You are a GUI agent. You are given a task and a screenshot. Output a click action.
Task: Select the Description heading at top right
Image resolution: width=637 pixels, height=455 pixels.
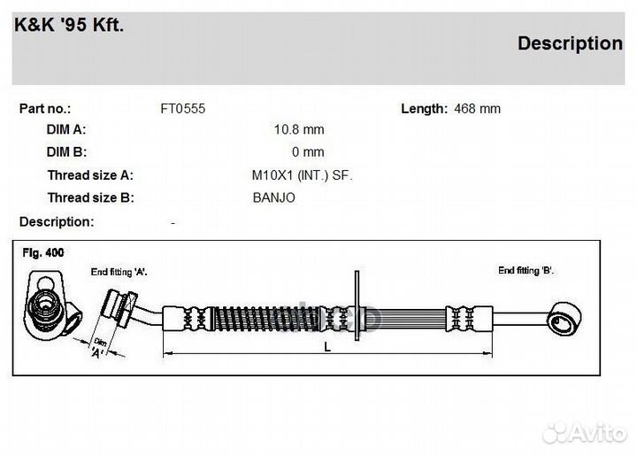[x=570, y=42]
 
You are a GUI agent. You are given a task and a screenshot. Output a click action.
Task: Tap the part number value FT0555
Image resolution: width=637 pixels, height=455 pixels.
[x=182, y=109]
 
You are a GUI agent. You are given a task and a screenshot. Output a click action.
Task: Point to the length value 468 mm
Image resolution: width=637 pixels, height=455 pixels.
[x=477, y=109]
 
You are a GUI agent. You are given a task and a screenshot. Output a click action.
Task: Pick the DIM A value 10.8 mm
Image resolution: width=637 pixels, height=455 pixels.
[x=299, y=129]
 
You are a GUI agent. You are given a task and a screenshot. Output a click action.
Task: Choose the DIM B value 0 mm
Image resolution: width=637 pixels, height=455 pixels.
[x=308, y=152]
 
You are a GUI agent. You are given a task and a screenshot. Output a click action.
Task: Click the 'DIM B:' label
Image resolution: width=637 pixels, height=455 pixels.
[x=66, y=152]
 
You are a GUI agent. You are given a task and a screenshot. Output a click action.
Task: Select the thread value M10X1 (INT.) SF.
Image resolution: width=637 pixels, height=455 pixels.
[x=302, y=175]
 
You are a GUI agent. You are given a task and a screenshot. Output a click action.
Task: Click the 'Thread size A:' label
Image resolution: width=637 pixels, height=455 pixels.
[x=90, y=175]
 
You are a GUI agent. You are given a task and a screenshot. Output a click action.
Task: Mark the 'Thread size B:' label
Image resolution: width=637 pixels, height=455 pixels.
[x=90, y=197]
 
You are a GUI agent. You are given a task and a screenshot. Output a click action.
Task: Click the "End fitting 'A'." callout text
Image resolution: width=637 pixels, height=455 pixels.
[x=119, y=271]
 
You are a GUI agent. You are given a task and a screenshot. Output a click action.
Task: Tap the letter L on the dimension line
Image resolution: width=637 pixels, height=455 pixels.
[x=327, y=347]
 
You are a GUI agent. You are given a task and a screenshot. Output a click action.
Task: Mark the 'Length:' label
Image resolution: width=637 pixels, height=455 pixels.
[x=424, y=109]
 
